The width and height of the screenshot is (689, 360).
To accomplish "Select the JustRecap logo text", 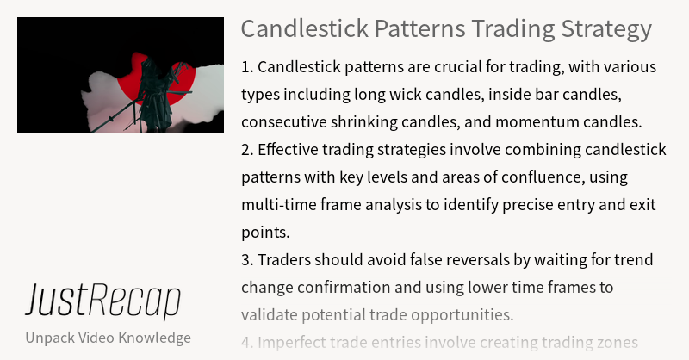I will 102,301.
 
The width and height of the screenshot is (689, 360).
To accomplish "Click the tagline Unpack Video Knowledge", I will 109,337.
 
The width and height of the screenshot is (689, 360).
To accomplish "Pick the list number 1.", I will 246,66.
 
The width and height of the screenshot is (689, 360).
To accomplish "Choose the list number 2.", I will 246,149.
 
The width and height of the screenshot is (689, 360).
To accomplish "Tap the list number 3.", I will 246,259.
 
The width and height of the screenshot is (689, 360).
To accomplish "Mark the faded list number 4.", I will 246,342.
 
